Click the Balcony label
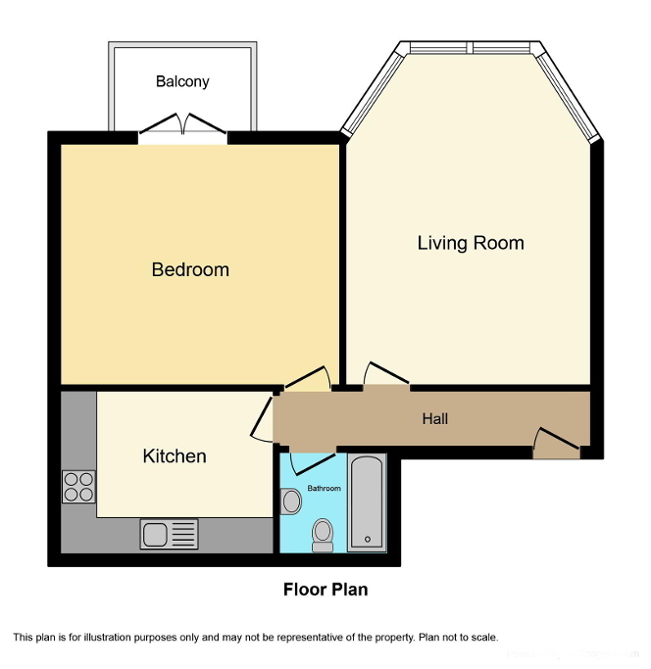[182, 82]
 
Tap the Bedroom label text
[190, 269]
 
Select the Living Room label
[471, 243]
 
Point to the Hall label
[435, 419]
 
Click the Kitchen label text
[175, 456]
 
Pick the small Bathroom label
[324, 487]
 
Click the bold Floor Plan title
[325, 590]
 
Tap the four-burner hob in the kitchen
[78, 487]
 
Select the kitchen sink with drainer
[169, 534]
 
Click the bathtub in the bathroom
[368, 502]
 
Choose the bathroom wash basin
[290, 502]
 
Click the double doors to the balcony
[182, 126]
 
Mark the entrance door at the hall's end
[554, 444]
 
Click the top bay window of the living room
[471, 47]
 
